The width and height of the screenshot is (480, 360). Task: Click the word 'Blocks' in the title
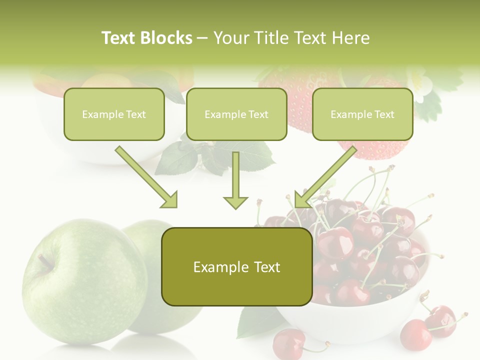click(166, 38)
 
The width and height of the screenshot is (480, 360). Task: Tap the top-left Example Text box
click(114, 114)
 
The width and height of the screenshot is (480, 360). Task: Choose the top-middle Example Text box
click(236, 114)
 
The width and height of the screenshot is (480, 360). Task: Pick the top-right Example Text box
click(362, 114)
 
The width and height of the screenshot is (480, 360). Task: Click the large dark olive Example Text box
click(236, 267)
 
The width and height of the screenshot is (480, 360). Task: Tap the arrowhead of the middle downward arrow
click(235, 202)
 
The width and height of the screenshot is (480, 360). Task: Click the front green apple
click(80, 285)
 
